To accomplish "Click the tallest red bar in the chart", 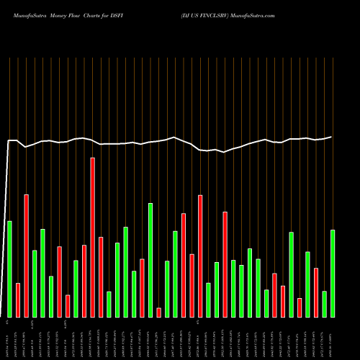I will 92,237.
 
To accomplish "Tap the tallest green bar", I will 150,260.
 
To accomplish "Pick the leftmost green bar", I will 9,269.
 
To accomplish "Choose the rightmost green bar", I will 333,273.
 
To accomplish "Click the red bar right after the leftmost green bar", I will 18,300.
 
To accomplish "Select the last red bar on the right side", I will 316,292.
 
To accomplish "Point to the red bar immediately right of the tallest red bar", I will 101,276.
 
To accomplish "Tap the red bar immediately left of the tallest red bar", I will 84,281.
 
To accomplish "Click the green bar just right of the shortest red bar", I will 167,288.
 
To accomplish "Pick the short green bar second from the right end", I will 324,303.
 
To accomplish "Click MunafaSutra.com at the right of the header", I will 261,14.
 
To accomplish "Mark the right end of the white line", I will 332,137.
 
